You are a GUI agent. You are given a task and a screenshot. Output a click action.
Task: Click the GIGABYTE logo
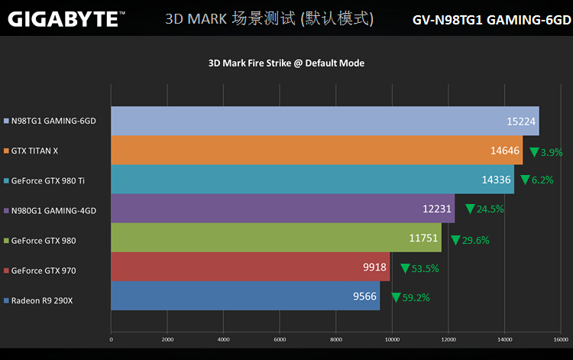click(63, 18)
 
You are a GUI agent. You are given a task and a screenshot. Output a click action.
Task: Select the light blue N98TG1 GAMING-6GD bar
click(325, 121)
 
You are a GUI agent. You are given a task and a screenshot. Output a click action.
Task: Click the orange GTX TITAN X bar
click(316, 151)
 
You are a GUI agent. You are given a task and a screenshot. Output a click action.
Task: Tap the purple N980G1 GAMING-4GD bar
click(283, 209)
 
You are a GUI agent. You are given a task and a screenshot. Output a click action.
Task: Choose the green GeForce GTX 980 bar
click(276, 238)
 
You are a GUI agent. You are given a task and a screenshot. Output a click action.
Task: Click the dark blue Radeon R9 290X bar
click(245, 296)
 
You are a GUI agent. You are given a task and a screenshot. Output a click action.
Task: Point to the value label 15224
click(520, 122)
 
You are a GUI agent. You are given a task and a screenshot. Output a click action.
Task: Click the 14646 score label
click(505, 151)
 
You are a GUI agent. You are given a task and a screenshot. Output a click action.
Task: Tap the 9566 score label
click(364, 297)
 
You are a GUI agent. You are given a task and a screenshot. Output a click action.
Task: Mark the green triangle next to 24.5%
click(470, 209)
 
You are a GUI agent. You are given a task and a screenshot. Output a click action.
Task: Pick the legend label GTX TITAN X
click(34, 151)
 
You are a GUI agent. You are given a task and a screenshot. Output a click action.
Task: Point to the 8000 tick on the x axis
click(336, 339)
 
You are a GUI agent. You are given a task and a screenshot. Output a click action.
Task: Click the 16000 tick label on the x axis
click(561, 339)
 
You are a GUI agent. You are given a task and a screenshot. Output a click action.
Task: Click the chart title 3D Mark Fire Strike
click(286, 63)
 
